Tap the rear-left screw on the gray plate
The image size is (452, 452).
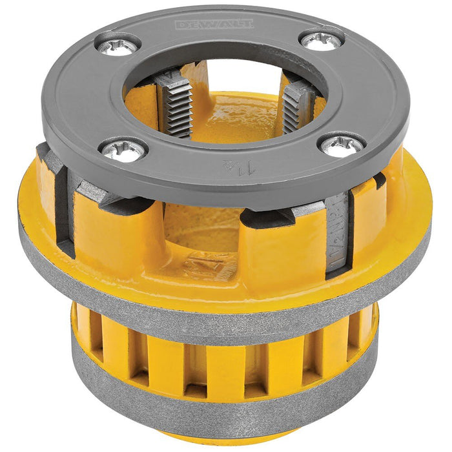coord(119,45)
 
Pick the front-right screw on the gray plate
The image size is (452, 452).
coord(342,145)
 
